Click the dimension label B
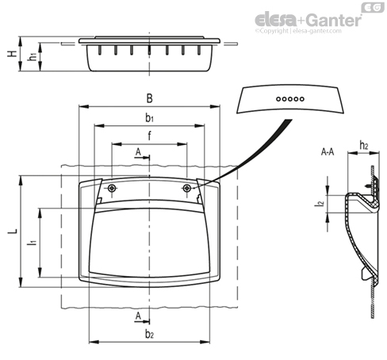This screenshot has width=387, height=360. tap(150, 98)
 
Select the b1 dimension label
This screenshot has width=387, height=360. tap(150, 117)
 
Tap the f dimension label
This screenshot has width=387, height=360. tap(149, 136)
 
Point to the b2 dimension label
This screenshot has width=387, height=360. tap(149, 334)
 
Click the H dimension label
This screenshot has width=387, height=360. tap(12, 54)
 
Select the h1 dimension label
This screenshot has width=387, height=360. tap(33, 56)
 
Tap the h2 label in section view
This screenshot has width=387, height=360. tap(364, 145)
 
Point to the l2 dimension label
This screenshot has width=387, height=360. tap(320, 203)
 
